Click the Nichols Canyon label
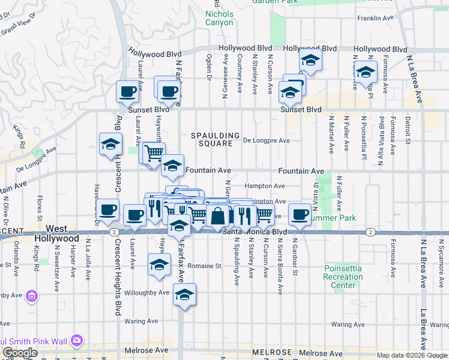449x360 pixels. point(219,18)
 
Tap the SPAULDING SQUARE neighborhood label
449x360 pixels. point(215,140)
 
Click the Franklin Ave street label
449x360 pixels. point(374,19)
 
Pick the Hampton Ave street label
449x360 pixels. point(265,187)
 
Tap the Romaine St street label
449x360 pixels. point(205,265)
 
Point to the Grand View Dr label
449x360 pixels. point(16,27)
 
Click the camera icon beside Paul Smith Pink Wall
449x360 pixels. point(76,341)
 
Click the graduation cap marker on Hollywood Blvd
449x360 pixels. point(310,60)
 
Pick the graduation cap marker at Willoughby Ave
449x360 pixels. point(184,294)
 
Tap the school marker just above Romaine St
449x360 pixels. point(159,265)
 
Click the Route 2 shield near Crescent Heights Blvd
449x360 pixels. point(113,231)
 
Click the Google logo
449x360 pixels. point(20,353)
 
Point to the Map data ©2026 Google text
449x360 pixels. point(412,355)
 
